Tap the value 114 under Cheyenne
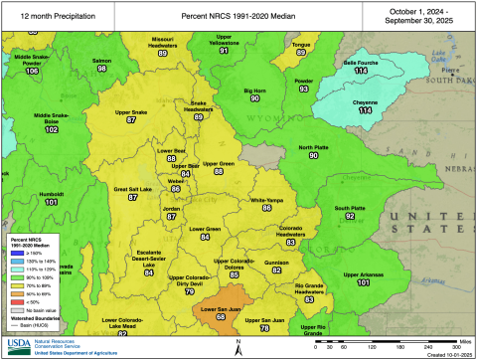pos(365,110)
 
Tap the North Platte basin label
pos(313,147)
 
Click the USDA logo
pos(21,346)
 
